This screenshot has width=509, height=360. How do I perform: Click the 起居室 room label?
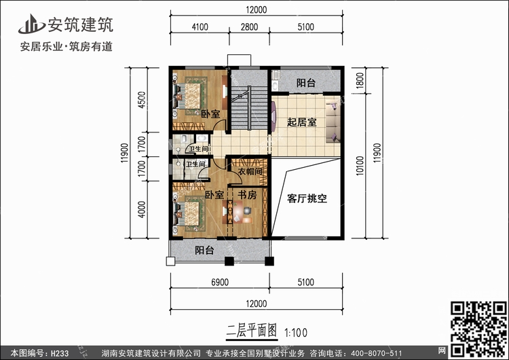[301, 122]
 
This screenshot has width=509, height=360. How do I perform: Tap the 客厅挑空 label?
[307, 198]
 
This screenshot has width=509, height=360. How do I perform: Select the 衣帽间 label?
[250, 171]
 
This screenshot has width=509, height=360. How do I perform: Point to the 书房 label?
[247, 195]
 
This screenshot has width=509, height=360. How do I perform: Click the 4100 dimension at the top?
[200, 26]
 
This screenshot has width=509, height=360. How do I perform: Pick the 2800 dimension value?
[249, 26]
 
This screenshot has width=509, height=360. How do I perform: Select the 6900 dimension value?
[220, 283]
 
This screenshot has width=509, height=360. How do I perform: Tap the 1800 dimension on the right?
[360, 80]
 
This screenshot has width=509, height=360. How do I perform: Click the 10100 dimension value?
[360, 166]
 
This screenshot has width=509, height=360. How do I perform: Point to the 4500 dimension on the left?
[142, 100]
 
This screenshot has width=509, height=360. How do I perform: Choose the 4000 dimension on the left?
[142, 210]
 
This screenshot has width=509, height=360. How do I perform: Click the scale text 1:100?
[296, 333]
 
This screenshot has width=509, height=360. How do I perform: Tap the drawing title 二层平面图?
[252, 331]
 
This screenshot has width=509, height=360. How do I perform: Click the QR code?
[479, 329]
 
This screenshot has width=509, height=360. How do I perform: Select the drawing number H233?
[60, 353]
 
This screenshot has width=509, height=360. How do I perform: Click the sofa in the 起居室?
[333, 122]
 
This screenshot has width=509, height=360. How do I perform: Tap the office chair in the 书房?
[247, 211]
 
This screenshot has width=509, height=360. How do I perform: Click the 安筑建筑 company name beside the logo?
[81, 24]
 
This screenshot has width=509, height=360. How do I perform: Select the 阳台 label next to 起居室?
[306, 82]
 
